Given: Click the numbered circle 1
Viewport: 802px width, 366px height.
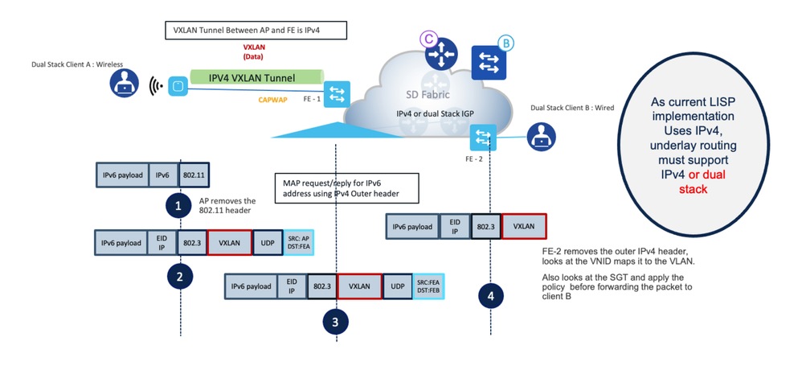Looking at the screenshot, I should pos(179,205).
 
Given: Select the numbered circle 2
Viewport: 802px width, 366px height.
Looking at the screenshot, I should pos(179,278).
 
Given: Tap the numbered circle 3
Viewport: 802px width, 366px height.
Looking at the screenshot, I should pos(335,322).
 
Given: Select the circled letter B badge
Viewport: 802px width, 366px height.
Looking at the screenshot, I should pos(505,43).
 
